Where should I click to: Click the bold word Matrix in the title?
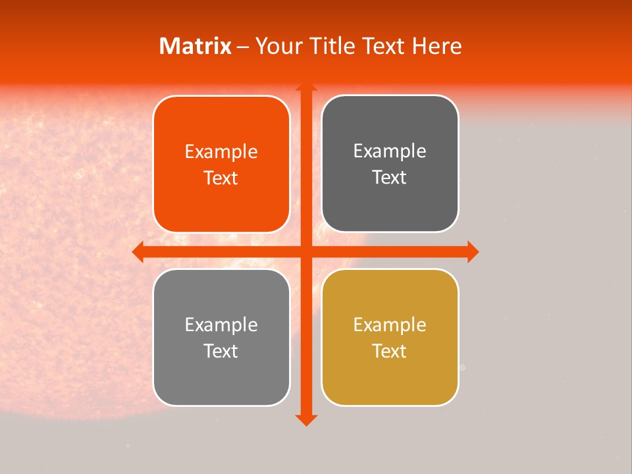point(196,46)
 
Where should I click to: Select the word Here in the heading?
point(436,46)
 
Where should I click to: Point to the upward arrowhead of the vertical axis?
point(305,86)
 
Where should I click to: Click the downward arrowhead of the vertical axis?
point(305,420)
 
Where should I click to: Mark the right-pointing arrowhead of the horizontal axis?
point(473,251)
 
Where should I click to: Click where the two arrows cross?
point(305,251)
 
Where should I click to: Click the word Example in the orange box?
point(221,152)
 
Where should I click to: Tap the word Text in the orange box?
point(221,178)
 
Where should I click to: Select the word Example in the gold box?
point(390,325)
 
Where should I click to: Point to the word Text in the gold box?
point(390,351)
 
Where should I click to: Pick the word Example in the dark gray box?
point(390,151)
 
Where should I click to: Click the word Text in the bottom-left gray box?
point(221,351)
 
